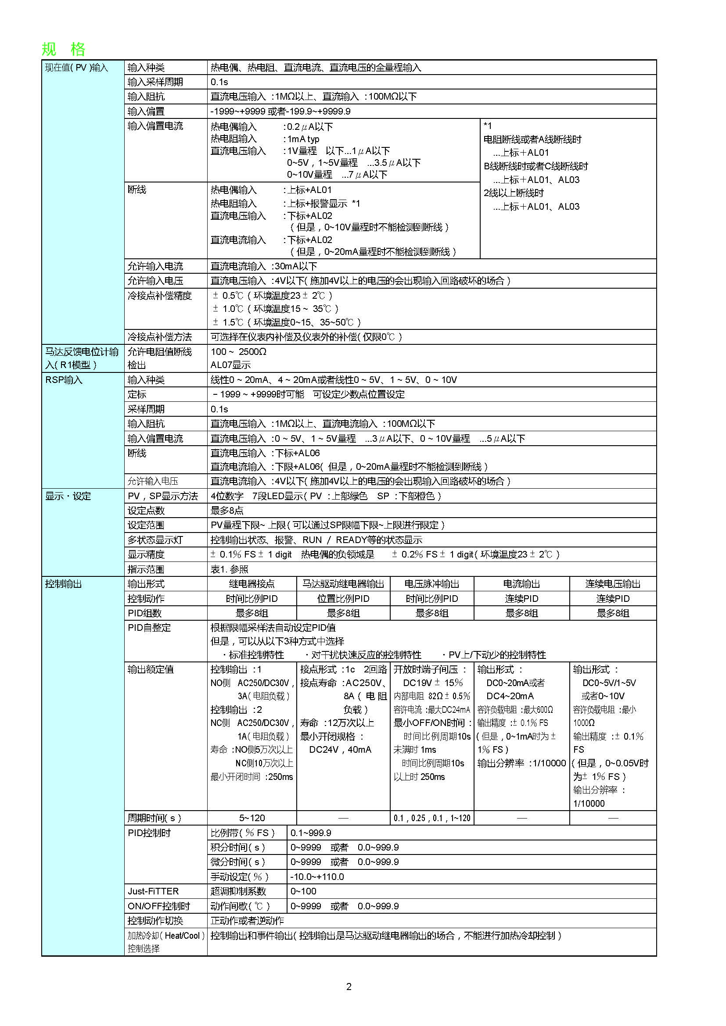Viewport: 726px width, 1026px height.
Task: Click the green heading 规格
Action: pyautogui.click(x=63, y=49)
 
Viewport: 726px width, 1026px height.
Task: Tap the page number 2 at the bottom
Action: pyautogui.click(x=349, y=986)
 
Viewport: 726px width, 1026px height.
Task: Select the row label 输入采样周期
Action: pyautogui.click(x=155, y=82)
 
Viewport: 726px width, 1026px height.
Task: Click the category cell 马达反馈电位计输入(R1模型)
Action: pyautogui.click(x=82, y=358)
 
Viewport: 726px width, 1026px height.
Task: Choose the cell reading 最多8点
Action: pyautogui.click(x=227, y=510)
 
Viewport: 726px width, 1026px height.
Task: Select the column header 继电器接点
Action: pyautogui.click(x=252, y=584)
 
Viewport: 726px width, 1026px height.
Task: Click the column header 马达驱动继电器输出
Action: pyautogui.click(x=343, y=584)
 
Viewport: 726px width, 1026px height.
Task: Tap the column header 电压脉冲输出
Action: pyautogui.click(x=432, y=584)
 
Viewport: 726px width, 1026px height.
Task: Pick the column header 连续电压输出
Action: pyautogui.click(x=613, y=584)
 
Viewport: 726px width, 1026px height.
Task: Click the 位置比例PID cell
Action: pyautogui.click(x=343, y=599)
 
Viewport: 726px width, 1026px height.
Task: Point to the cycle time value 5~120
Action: pyautogui.click(x=252, y=818)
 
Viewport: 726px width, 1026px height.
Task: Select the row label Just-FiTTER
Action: pyautogui.click(x=153, y=891)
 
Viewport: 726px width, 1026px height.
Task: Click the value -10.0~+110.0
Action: pyautogui.click(x=317, y=877)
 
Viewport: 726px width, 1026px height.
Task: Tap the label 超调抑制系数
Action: pyautogui.click(x=238, y=891)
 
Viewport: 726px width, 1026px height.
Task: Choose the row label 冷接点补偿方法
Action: pyautogui.click(x=160, y=337)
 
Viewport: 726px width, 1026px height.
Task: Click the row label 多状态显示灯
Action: pyautogui.click(x=155, y=540)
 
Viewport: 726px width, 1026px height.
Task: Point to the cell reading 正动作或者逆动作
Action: pyautogui.click(x=247, y=921)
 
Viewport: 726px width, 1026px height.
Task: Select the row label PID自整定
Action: pyautogui.click(x=149, y=628)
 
